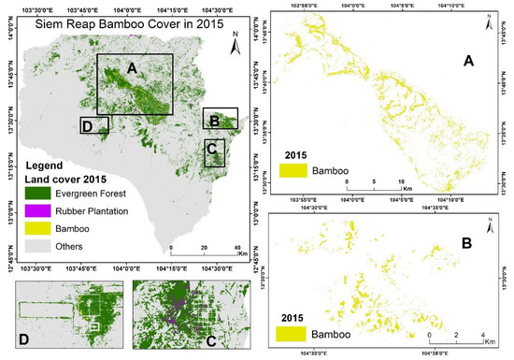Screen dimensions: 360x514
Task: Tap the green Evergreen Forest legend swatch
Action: pos(42,194)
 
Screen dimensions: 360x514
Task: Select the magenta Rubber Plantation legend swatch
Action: pos(42,211)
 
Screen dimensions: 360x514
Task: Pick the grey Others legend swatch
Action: pos(42,246)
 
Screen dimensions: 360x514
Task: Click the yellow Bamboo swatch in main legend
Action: pos(42,229)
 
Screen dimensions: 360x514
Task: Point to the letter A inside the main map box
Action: pos(133,67)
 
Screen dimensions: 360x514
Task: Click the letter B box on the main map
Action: pos(221,118)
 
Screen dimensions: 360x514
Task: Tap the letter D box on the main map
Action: pos(94,125)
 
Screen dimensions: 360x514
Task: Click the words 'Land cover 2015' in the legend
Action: pos(64,178)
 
